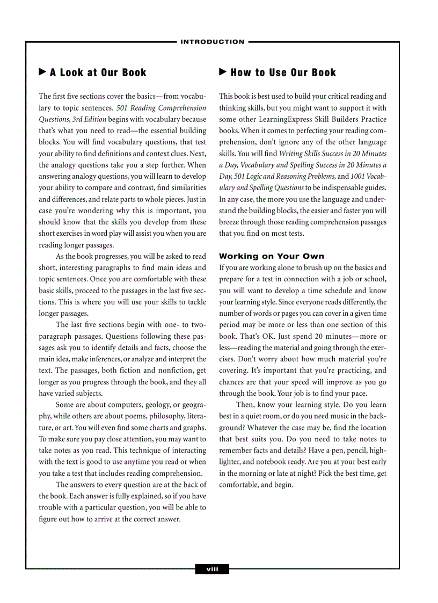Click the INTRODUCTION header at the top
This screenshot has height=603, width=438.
(x=213, y=42)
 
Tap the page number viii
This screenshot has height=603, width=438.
(x=212, y=569)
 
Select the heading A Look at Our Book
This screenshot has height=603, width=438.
(x=98, y=72)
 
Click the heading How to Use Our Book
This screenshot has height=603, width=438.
(x=283, y=72)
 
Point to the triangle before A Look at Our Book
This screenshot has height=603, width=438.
(x=42, y=72)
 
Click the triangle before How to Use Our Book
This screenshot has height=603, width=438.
(x=223, y=72)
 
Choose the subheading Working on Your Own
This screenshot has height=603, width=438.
(x=272, y=256)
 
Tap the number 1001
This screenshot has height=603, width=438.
(x=359, y=176)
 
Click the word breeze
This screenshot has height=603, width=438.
(x=230, y=222)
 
